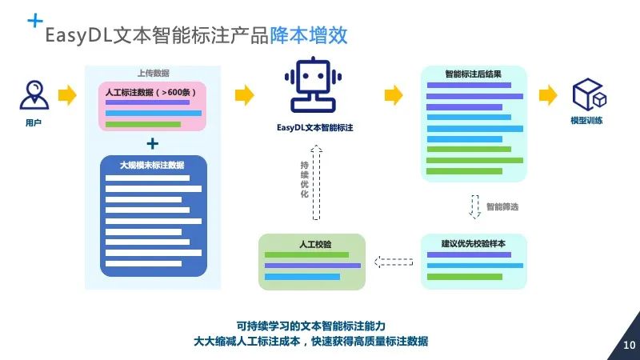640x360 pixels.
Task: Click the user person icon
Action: [34, 94]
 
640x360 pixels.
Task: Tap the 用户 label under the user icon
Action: [34, 123]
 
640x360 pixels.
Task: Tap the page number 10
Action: [628, 346]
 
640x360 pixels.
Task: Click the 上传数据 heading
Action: [153, 73]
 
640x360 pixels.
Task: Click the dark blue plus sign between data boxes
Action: [152, 143]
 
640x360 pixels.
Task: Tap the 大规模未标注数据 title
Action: [152, 165]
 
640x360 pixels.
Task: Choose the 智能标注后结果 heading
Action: [474, 74]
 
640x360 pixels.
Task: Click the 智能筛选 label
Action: [502, 206]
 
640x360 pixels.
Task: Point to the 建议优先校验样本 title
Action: [474, 243]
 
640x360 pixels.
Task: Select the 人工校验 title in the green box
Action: [311, 243]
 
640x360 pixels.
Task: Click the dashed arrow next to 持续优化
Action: [316, 182]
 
